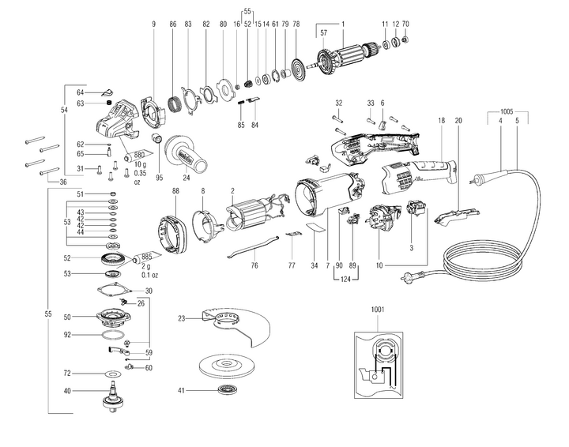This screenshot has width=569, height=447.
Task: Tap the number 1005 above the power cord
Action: pyautogui.click(x=510, y=112)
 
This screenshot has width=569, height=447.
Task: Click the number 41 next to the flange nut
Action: pyautogui.click(x=181, y=391)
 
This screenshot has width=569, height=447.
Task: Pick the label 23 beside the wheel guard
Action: pyautogui.click(x=181, y=319)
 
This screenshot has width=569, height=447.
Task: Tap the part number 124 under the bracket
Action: pyautogui.click(x=345, y=279)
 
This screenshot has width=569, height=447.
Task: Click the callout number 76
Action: pyautogui.click(x=254, y=265)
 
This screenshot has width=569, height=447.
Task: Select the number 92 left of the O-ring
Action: pyautogui.click(x=68, y=335)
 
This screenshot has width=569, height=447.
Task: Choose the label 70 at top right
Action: pyautogui.click(x=405, y=24)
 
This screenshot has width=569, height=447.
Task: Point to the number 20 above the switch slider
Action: pyautogui.click(x=458, y=120)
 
